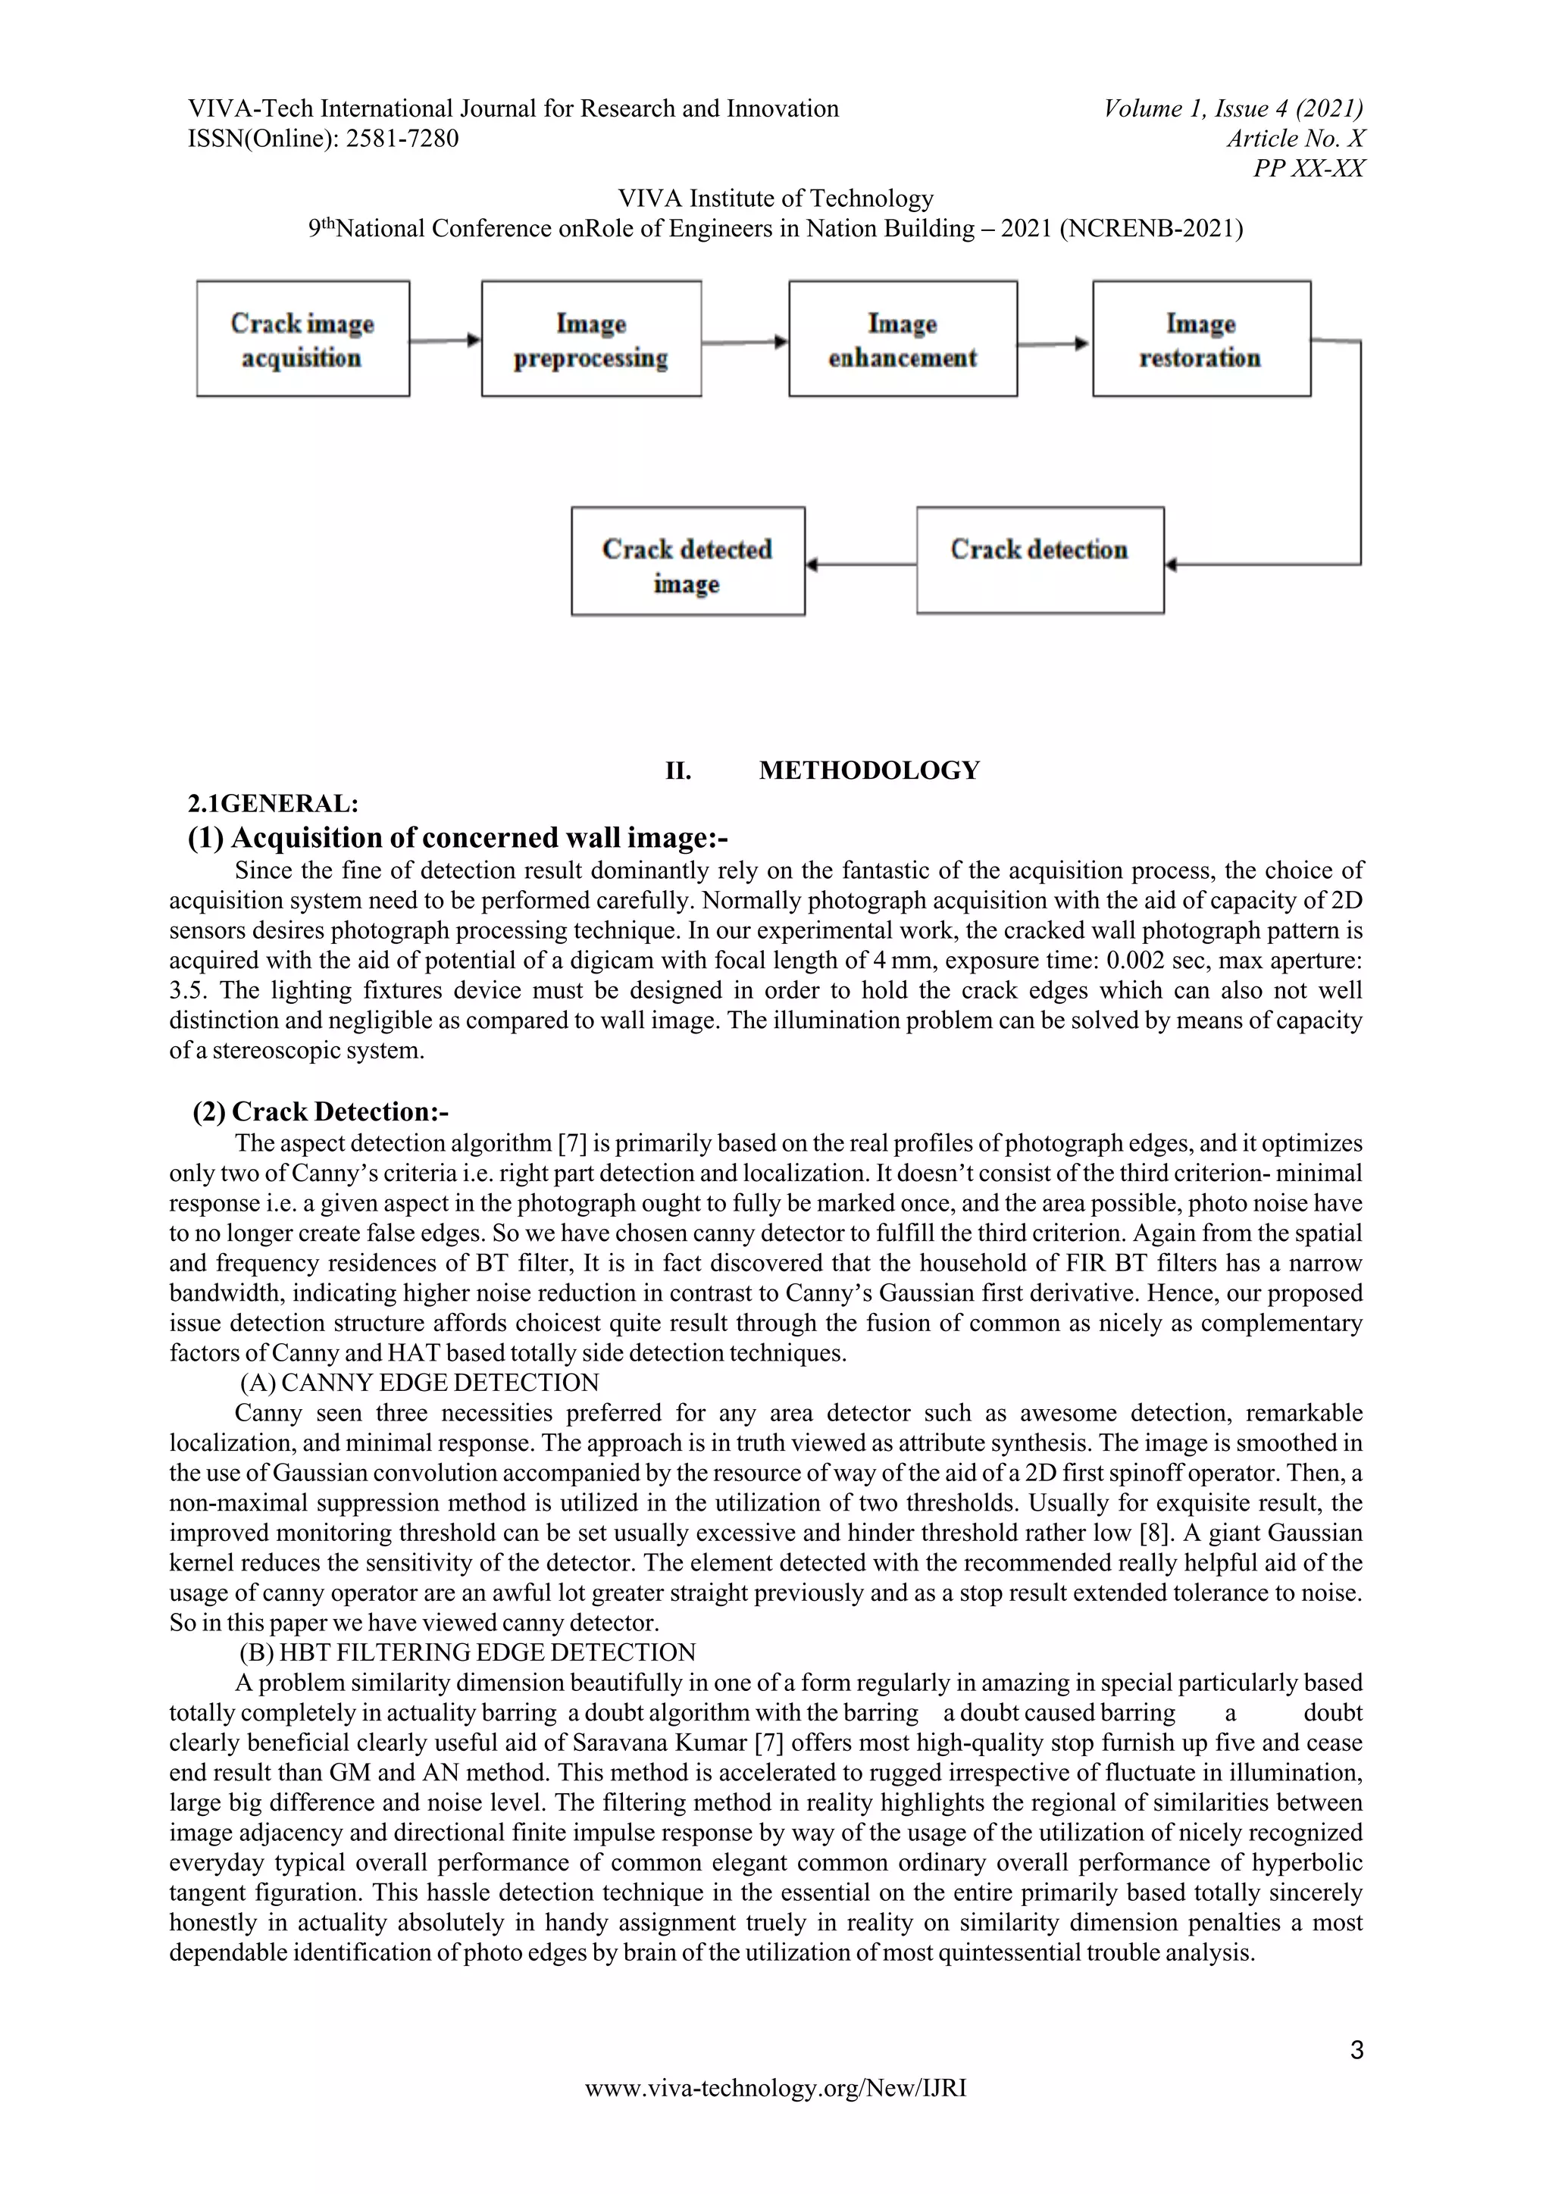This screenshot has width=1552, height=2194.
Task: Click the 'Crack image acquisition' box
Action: pos(303,339)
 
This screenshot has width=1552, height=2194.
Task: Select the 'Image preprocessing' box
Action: pos(590,339)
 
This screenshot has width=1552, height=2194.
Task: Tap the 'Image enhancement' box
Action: pos(902,339)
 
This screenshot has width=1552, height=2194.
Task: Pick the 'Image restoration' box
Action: pos(1200,339)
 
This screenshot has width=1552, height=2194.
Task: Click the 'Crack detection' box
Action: pos(1040,560)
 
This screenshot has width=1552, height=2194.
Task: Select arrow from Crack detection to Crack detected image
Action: pos(860,564)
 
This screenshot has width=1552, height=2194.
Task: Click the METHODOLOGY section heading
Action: pos(868,770)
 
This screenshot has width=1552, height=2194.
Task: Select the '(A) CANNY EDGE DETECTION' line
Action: pos(420,1383)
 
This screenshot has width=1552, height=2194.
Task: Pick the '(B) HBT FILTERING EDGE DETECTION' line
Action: pos(468,1652)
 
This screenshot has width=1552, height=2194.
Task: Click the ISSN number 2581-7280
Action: pos(402,139)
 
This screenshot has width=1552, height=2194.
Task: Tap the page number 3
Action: pos(1356,2051)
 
